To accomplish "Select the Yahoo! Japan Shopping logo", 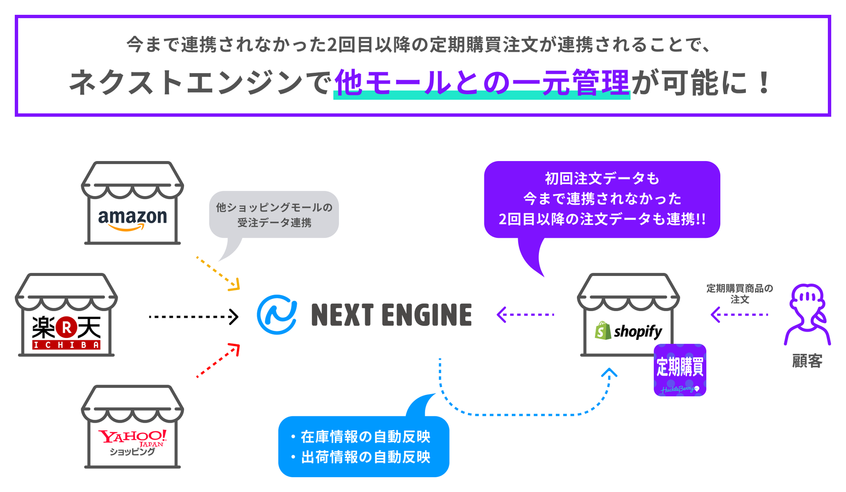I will point(132,442).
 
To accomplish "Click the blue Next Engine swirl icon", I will point(277,315).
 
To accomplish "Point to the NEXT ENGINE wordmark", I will point(391,315).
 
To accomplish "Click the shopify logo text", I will point(637,332).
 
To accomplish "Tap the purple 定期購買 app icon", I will point(680,370).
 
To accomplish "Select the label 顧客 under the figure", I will point(807,361).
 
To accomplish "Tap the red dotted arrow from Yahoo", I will point(218,360).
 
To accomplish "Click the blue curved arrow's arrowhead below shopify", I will point(609,372).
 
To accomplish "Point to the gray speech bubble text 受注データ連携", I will point(274,223).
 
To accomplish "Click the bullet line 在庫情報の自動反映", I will point(365,437).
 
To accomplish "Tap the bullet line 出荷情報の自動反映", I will point(365,457).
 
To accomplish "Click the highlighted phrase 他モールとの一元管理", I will point(482,83).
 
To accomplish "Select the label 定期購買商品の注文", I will point(739,294).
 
